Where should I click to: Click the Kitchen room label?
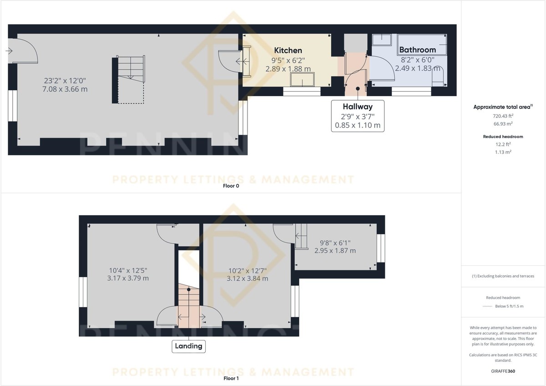point(288,51)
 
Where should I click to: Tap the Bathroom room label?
point(417,50)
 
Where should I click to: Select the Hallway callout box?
point(358,116)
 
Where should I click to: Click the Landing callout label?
point(188,346)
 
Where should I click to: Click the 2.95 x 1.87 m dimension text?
point(335,251)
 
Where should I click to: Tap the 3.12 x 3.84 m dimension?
point(247,278)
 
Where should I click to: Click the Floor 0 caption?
point(231,186)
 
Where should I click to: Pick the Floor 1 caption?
point(231,378)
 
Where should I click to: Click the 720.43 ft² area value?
point(503,116)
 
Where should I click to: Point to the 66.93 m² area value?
point(503,124)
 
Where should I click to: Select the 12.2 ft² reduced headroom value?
point(503,144)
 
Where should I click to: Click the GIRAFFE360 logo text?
point(503,371)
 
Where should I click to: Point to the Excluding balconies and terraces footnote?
point(503,276)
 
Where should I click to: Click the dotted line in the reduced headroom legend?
point(487,306)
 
